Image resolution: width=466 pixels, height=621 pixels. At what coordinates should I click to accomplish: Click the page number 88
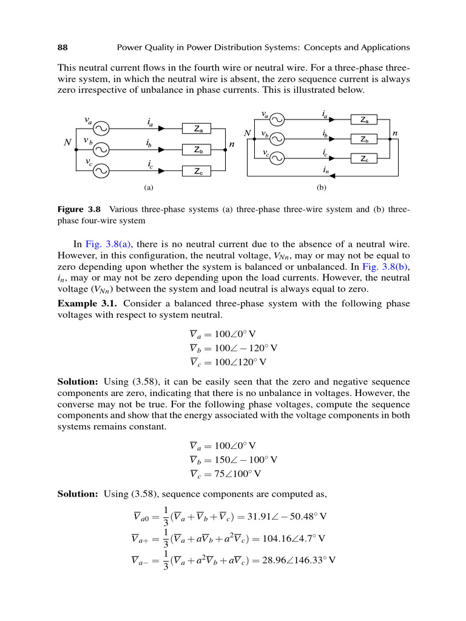click(x=62, y=47)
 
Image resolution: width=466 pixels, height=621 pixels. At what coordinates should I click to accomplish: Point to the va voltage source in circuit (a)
click(x=100, y=129)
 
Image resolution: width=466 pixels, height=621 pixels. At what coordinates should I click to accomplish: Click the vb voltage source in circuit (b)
click(x=277, y=139)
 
